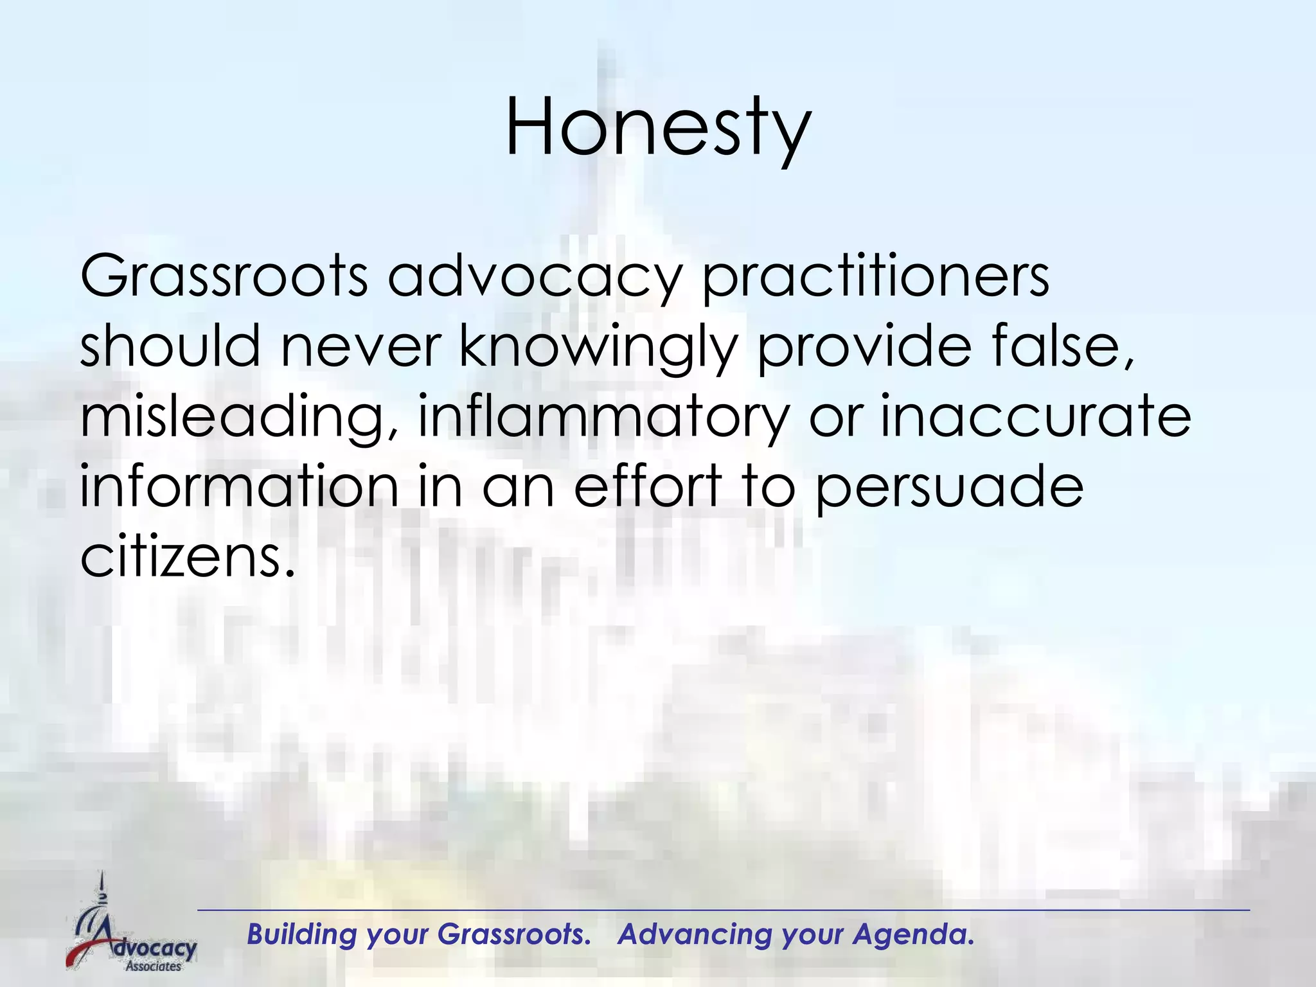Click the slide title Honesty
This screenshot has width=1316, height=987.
pyautogui.click(x=658, y=129)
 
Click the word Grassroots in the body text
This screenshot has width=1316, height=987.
pyautogui.click(x=224, y=278)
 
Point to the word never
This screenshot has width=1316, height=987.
pyautogui.click(x=360, y=347)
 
